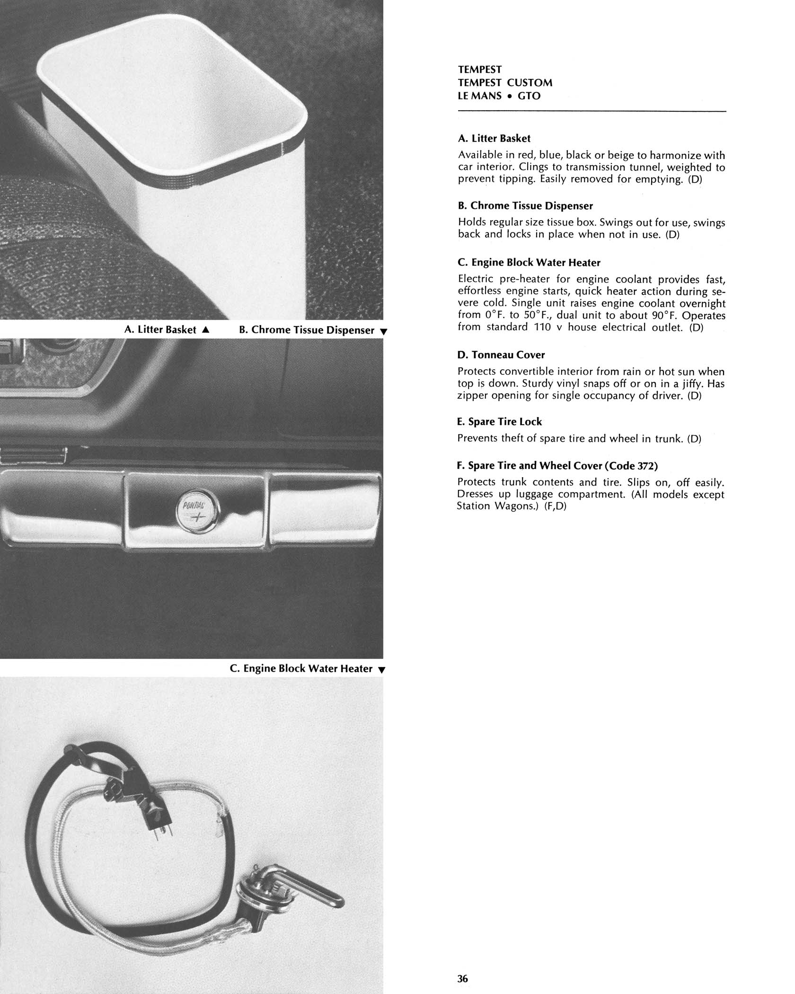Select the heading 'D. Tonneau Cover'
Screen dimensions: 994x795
[501, 355]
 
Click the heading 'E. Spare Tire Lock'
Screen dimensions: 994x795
[499, 422]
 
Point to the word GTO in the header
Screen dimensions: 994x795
[529, 96]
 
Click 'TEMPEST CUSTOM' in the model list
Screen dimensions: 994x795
[505, 83]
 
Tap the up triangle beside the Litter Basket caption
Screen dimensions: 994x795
[205, 329]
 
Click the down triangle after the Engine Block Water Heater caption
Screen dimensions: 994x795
[382, 670]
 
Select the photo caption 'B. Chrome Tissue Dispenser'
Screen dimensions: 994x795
[307, 330]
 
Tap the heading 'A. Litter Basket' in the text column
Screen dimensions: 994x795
[494, 139]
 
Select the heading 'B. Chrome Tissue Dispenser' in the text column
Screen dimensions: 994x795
[525, 206]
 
